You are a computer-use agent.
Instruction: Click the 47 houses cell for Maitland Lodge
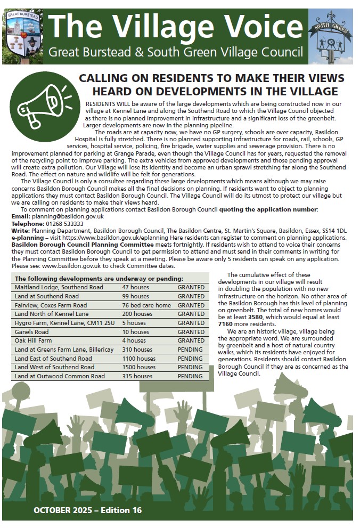(x=135, y=287)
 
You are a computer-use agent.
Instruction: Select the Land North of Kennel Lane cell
(x=48, y=314)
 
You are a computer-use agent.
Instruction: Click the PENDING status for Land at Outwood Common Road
(x=190, y=376)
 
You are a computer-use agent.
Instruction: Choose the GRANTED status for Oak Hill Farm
(x=191, y=340)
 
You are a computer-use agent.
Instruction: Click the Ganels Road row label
(x=32, y=331)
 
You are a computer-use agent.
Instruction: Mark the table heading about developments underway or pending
(x=99, y=278)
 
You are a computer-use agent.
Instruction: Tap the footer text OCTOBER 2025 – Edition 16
(x=87, y=510)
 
